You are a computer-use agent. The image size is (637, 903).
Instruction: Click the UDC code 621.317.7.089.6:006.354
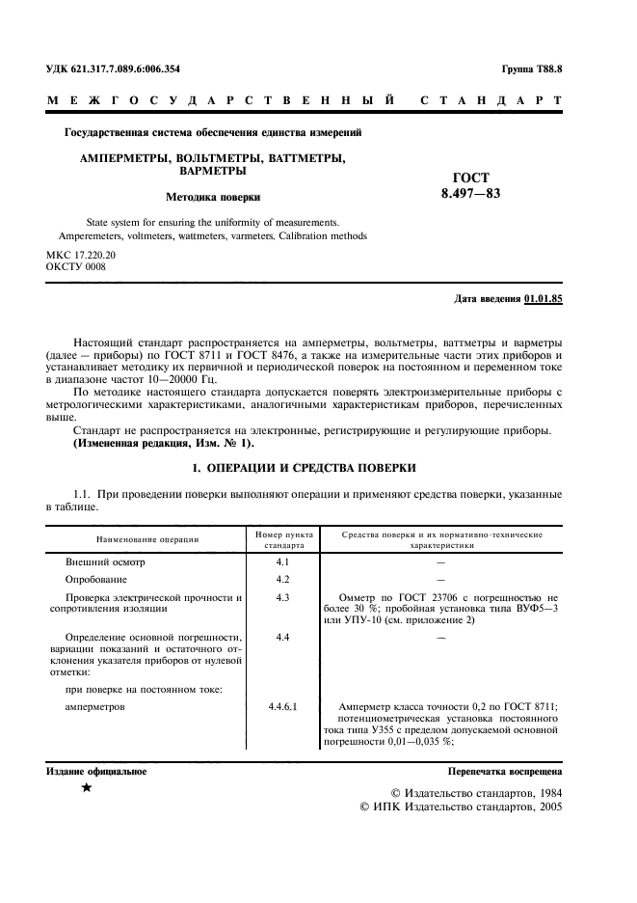pos(113,69)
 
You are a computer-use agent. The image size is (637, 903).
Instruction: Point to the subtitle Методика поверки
pos(213,196)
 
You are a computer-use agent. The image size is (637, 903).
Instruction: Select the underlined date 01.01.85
pos(544,298)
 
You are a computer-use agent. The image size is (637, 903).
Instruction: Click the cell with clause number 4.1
pos(282,561)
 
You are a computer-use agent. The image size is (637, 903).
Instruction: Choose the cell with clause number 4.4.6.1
pos(283,707)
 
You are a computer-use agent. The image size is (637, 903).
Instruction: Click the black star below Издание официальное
pos(88,789)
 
